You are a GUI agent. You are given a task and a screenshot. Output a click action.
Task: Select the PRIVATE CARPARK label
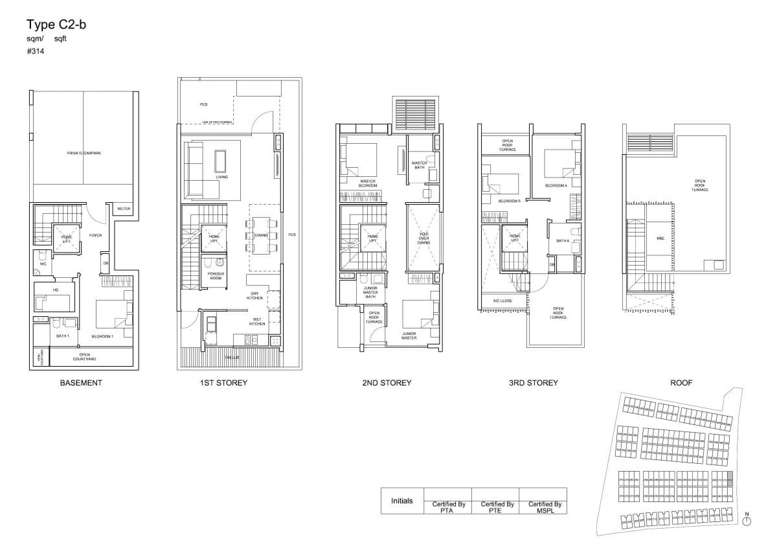coord(84,153)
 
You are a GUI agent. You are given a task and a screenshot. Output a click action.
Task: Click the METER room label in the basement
coord(122,209)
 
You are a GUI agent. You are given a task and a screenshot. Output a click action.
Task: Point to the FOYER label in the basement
coord(95,235)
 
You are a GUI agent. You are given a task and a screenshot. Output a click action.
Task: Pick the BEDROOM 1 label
coord(102,337)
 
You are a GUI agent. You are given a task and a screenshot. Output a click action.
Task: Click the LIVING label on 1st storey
coord(222,176)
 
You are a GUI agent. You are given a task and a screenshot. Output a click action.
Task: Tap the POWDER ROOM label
coord(216,275)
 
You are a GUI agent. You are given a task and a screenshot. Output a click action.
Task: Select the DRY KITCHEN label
coord(255,295)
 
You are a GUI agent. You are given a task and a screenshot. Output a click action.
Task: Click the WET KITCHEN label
coord(258,322)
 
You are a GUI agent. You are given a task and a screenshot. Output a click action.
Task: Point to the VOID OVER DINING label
coord(423,238)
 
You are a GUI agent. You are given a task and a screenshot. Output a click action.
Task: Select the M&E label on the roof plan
coord(660,238)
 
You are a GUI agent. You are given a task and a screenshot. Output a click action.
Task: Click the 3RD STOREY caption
coord(533,383)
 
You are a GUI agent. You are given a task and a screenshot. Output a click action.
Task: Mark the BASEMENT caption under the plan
coord(81,383)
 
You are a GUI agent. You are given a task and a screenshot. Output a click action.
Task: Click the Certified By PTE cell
coord(497,507)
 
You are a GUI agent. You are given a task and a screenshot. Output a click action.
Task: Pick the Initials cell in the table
coord(402,501)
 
